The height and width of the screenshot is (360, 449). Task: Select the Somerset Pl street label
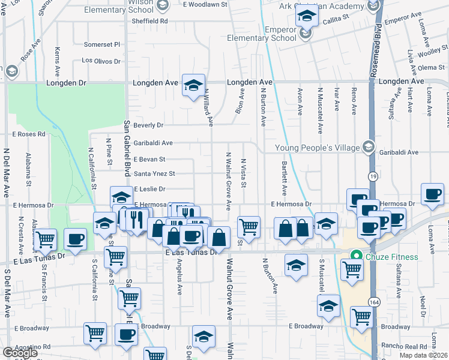coord(102,44)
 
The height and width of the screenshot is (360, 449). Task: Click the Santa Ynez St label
coord(154,174)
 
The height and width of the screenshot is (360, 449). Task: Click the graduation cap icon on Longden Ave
coord(193,86)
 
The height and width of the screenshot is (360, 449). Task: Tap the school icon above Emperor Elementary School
coord(306,19)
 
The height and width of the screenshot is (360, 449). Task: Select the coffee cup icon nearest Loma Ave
coord(433,195)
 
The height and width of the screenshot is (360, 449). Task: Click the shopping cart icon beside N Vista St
coord(249,227)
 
